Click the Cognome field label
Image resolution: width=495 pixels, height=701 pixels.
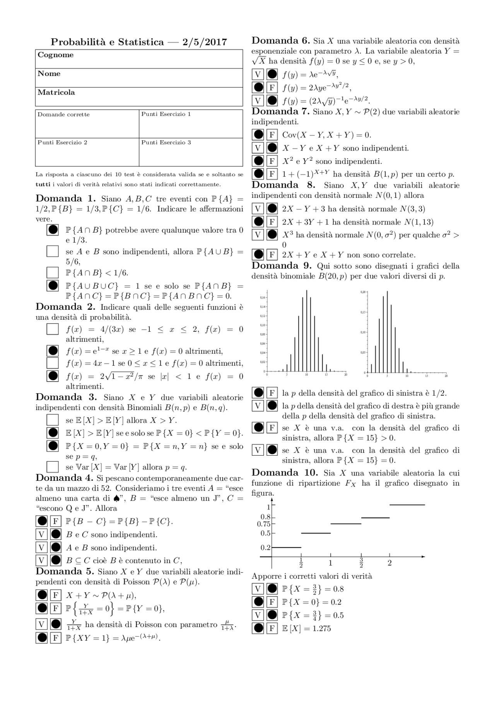click(56, 55)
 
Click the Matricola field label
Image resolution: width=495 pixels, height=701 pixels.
click(56, 93)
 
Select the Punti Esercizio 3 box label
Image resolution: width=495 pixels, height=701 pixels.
click(166, 142)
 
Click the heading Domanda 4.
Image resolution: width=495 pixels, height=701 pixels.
click(64, 478)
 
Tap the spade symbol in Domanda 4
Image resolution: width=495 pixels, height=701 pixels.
click(116, 499)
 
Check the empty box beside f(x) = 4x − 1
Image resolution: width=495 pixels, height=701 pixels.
click(52, 363)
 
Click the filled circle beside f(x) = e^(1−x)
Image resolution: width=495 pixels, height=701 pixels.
click(52, 351)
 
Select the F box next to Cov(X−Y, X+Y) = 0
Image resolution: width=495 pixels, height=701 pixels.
click(272, 135)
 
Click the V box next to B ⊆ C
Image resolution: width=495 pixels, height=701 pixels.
click(41, 560)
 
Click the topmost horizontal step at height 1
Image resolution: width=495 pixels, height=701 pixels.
click(407, 505)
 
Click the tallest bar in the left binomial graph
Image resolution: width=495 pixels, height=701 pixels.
click(307, 331)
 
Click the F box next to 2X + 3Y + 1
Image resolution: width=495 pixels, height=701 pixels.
click(272, 222)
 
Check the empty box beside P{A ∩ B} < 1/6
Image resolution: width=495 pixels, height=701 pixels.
click(52, 273)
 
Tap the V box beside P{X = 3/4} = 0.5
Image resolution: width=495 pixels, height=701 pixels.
click(258, 615)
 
